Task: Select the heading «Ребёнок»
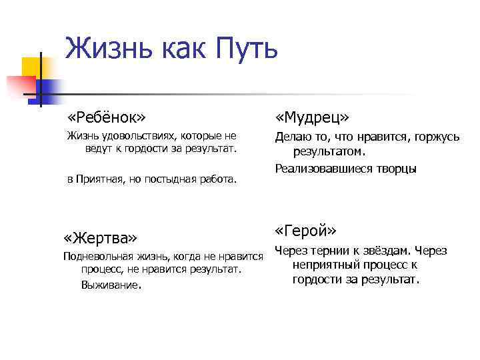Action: pos(106,117)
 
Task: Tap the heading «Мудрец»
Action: pos(313,117)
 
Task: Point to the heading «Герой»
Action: pos(305,231)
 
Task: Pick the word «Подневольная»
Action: pos(95,257)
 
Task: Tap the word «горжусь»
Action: pos(437,137)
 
